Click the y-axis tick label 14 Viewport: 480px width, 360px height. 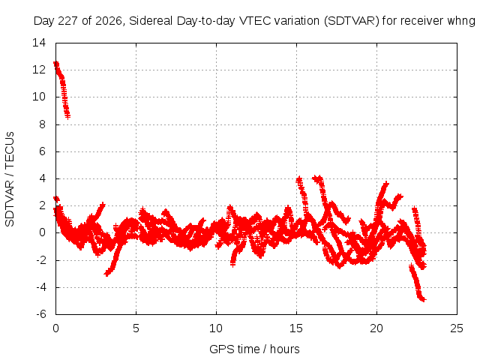pyautogui.click(x=39, y=43)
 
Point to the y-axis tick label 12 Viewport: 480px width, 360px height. pyautogui.click(x=39, y=70)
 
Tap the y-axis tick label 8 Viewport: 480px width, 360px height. pyautogui.click(x=42, y=124)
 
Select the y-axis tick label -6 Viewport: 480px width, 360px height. pyautogui.click(x=41, y=314)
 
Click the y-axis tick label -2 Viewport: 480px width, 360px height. pyautogui.click(x=41, y=260)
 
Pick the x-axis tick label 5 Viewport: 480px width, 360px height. pyautogui.click(x=136, y=328)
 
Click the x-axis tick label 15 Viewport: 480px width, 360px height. pyautogui.click(x=296, y=328)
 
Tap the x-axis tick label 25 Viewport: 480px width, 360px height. pyautogui.click(x=457, y=328)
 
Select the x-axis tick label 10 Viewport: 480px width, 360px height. pyautogui.click(x=216, y=328)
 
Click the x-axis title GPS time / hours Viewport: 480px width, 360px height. pyautogui.click(x=254, y=349)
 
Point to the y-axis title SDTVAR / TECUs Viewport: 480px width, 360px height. pyautogui.click(x=10, y=179)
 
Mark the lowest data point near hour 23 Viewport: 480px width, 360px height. pyautogui.click(x=423, y=300)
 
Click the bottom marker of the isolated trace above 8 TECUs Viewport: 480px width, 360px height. pyautogui.click(x=67, y=117)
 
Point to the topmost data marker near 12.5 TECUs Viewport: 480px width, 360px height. pyautogui.click(x=56, y=63)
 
